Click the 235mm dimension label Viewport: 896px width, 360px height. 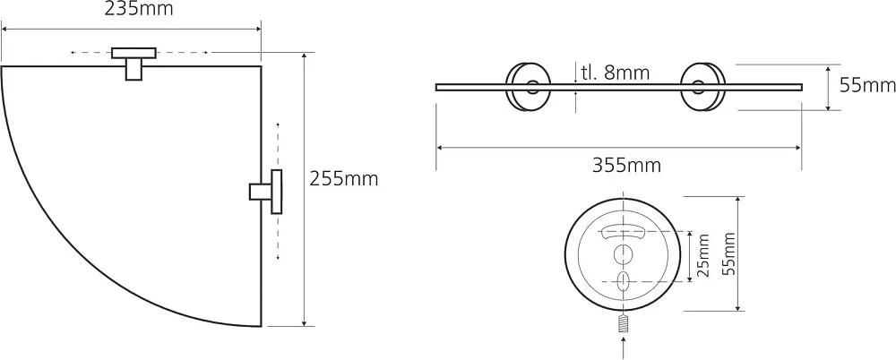139,9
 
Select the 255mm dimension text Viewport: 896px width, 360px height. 344,179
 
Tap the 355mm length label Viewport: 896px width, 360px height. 626,166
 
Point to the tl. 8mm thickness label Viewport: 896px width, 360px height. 615,73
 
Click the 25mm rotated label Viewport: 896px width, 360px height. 704,255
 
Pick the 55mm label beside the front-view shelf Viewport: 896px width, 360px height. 867,86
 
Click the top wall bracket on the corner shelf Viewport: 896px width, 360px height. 134,63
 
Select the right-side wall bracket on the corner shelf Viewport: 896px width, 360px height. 266,192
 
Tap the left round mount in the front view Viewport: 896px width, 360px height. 528,86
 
